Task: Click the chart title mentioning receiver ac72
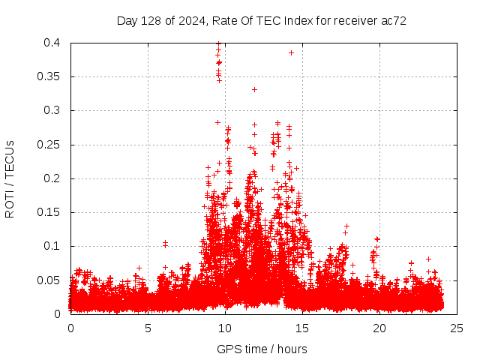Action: point(262,21)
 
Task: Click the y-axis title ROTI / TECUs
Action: point(10,179)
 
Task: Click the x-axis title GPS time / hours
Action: point(262,349)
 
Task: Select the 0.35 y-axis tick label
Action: point(50,76)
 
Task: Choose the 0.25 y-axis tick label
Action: point(50,145)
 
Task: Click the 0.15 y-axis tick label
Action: point(50,212)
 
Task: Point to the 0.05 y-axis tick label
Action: point(50,280)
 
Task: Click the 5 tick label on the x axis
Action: point(148,328)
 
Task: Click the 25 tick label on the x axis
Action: point(457,328)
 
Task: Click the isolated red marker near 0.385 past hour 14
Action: point(291,52)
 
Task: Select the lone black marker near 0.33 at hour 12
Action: point(254,89)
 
